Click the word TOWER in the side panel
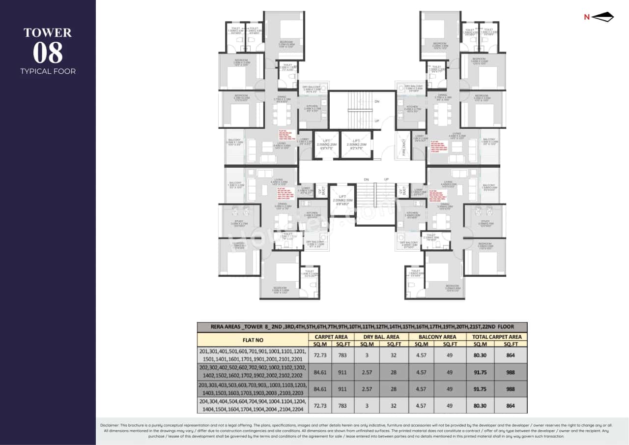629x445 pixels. tap(48, 33)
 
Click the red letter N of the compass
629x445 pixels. tap(586, 17)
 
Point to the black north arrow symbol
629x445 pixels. tap(603, 17)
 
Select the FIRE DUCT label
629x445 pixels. tap(404, 146)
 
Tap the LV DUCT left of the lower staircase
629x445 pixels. tap(322, 190)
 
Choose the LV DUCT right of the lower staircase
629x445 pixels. tap(402, 190)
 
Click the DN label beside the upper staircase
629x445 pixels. tap(376, 101)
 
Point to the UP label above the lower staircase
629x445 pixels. tap(386, 179)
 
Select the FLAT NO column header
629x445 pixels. tap(252, 340)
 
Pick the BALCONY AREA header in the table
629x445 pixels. tap(437, 337)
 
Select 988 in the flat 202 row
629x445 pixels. tap(511, 372)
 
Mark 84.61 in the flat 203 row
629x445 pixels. tap(319, 388)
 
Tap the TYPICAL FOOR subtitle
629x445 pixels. tap(48, 71)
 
